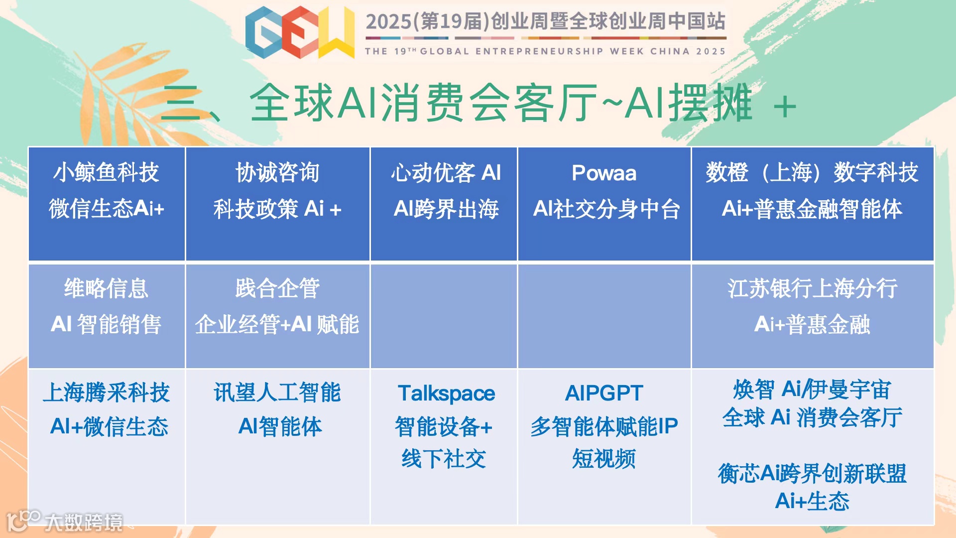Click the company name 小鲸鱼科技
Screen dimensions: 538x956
(x=106, y=173)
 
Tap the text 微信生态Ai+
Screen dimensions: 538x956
(x=106, y=208)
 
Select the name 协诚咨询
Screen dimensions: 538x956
(x=277, y=173)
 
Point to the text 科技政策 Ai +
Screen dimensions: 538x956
(x=277, y=209)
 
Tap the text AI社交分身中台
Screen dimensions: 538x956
(x=606, y=209)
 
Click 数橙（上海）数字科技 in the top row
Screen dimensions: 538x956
(x=812, y=173)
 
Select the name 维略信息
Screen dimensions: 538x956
(x=106, y=288)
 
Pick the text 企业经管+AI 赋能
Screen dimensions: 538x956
(x=277, y=324)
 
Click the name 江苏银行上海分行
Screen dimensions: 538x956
(x=812, y=288)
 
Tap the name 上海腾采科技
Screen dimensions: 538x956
(x=106, y=393)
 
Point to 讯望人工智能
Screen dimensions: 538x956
(x=277, y=393)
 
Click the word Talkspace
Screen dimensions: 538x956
(x=446, y=394)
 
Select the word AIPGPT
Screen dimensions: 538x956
(x=604, y=393)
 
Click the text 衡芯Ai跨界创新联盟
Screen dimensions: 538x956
(x=812, y=473)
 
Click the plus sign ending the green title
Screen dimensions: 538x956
(x=785, y=107)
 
